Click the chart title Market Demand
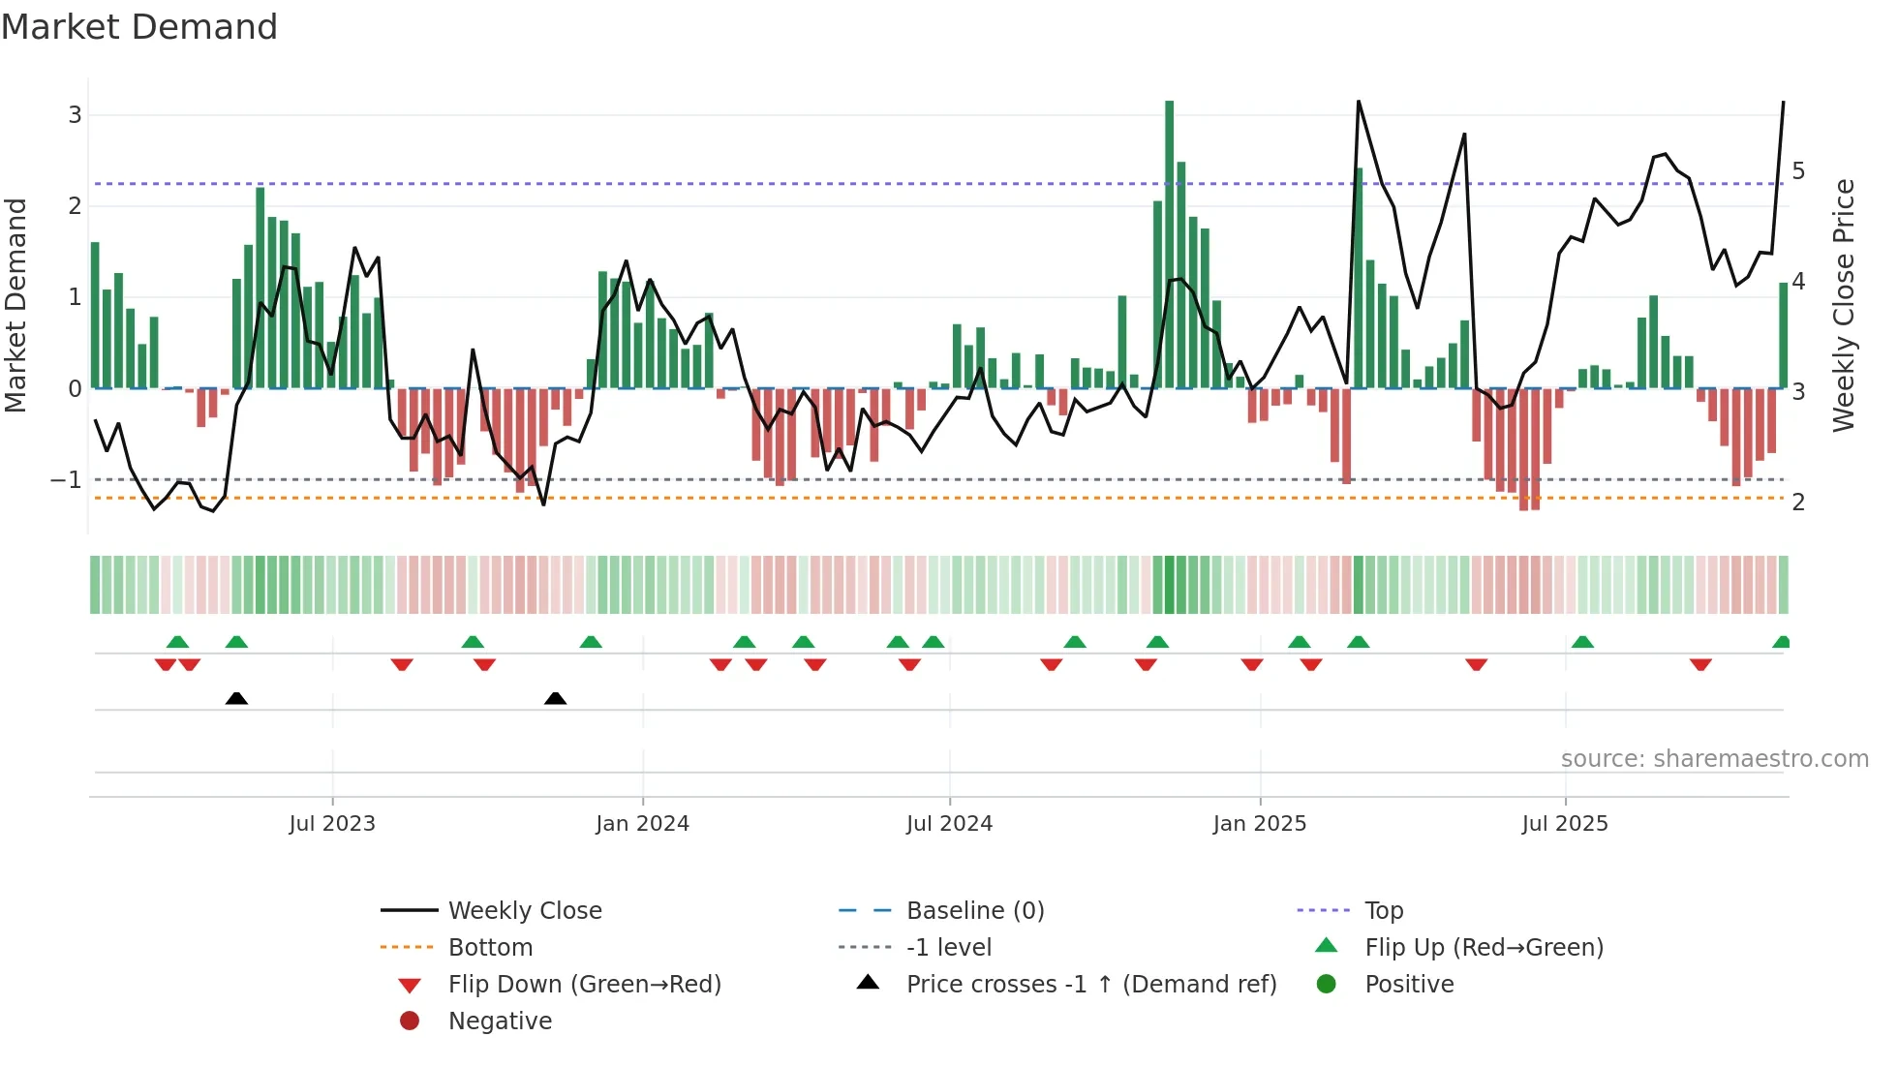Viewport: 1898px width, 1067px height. click(x=139, y=27)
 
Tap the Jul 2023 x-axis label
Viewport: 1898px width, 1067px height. click(x=331, y=824)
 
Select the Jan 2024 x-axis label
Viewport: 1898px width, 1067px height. click(x=642, y=824)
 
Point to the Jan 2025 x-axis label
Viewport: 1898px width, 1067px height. click(x=1259, y=824)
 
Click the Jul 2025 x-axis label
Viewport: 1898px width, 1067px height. click(x=1564, y=824)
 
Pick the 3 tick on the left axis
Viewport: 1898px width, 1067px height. click(x=75, y=115)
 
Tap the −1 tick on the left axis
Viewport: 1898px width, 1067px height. click(x=66, y=480)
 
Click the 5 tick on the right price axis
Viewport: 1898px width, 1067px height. click(x=1798, y=171)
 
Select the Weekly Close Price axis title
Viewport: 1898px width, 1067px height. click(x=1844, y=305)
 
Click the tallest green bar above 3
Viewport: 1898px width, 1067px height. click(x=1169, y=242)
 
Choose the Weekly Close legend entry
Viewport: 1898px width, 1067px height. click(x=524, y=911)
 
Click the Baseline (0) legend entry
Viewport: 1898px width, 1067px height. click(x=974, y=911)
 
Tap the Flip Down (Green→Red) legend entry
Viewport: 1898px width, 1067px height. click(x=584, y=985)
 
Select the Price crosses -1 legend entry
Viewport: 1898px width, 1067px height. click(x=1090, y=985)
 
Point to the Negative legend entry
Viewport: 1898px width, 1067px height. click(x=500, y=1021)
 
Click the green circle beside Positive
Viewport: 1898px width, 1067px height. click(x=1327, y=985)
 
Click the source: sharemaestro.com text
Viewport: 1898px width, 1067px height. click(x=1714, y=759)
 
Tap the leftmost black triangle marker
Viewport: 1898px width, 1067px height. click(x=236, y=698)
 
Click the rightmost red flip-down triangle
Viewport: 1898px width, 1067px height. click(x=1700, y=664)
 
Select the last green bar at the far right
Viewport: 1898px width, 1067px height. click(x=1783, y=335)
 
